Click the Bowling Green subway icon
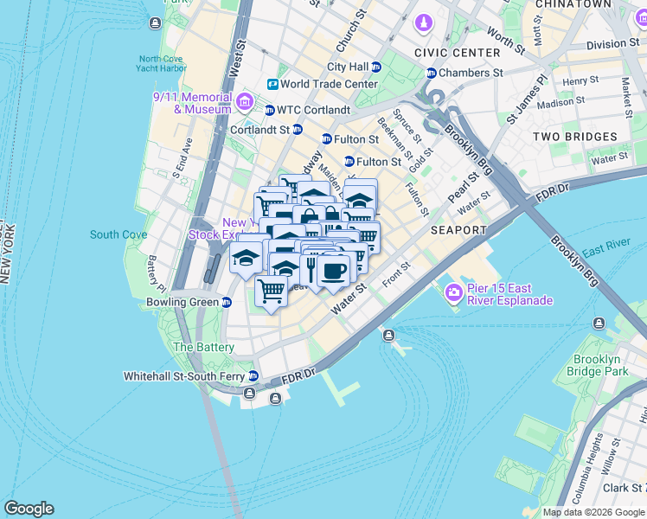226,302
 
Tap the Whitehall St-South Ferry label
183,376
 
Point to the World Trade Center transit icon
272,84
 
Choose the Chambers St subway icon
431,73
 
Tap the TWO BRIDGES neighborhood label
574,137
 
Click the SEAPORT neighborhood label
458,230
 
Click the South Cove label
118,234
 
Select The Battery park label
203,347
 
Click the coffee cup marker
332,271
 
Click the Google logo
29,509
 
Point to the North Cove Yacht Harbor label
162,64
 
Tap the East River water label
605,252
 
